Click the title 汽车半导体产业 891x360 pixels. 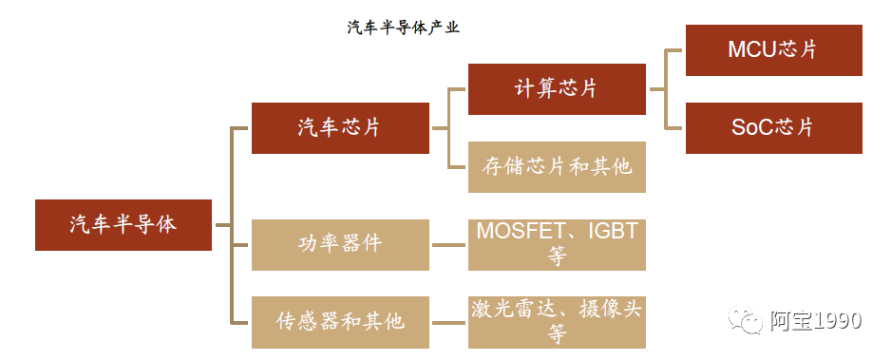click(403, 28)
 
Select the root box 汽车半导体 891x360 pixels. click(123, 224)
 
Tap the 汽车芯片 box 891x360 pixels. click(340, 127)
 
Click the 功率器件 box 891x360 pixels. click(340, 244)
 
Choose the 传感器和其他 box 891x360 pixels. click(340, 321)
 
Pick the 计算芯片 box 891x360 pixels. click(557, 89)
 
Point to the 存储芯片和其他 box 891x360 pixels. click(557, 166)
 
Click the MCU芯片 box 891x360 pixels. click(773, 50)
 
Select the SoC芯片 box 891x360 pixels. click(773, 127)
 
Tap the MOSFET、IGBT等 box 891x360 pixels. click(557, 244)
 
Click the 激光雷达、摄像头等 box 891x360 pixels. click(557, 321)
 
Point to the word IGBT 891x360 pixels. click(614, 232)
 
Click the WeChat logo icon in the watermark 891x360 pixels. click(746, 320)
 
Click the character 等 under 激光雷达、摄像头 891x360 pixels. click(557, 334)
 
